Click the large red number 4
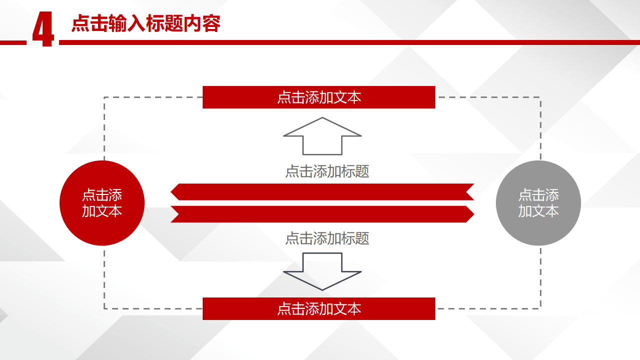click(43, 29)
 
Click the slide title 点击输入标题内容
click(146, 23)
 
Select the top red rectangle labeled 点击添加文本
click(319, 97)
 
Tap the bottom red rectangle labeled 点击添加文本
click(319, 308)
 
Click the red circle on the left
click(102, 203)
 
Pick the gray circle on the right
click(538, 203)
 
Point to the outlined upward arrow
click(322, 136)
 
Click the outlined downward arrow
click(322, 271)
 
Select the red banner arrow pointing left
click(322, 192)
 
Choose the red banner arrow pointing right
click(322, 214)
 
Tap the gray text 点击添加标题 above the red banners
click(327, 171)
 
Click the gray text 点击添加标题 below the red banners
click(327, 238)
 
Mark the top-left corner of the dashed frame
click(104, 97)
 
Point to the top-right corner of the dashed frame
click(540, 97)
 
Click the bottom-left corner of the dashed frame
click(104, 308)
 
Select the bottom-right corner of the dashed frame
click(540, 308)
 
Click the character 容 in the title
click(212, 23)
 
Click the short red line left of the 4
click(13, 43)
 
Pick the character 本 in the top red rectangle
click(354, 97)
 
